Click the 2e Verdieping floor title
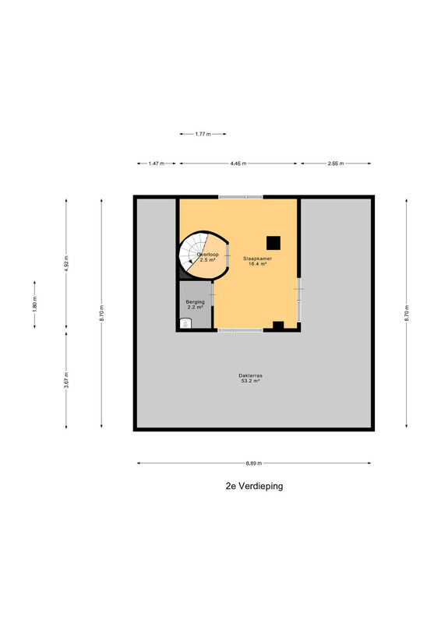[x=254, y=486]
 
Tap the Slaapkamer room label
[x=258, y=259]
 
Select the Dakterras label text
[x=251, y=375]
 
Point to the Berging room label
[x=196, y=302]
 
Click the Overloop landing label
[x=207, y=255]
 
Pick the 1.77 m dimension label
[x=203, y=134]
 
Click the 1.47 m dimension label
[x=157, y=164]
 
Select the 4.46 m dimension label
[x=238, y=164]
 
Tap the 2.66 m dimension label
[x=336, y=164]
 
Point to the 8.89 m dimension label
[x=254, y=463]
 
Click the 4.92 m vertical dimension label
[x=66, y=263]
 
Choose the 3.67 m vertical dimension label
[x=66, y=380]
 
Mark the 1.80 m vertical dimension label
[x=34, y=304]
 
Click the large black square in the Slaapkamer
[x=273, y=243]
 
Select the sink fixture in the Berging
[x=185, y=323]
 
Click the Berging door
[x=213, y=294]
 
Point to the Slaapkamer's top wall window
[x=240, y=197]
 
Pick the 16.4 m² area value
[x=257, y=264]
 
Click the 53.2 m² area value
[x=251, y=381]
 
